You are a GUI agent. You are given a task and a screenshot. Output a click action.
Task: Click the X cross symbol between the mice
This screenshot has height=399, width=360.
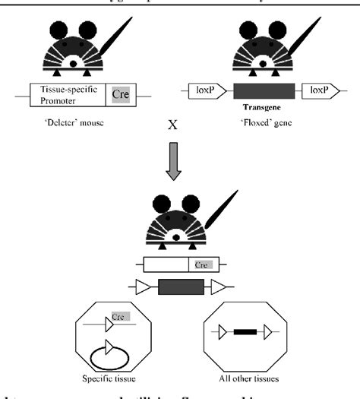pyautogui.click(x=177, y=142)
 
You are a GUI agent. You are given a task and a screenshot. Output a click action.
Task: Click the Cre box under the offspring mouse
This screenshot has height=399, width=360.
pyautogui.click(x=201, y=265)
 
